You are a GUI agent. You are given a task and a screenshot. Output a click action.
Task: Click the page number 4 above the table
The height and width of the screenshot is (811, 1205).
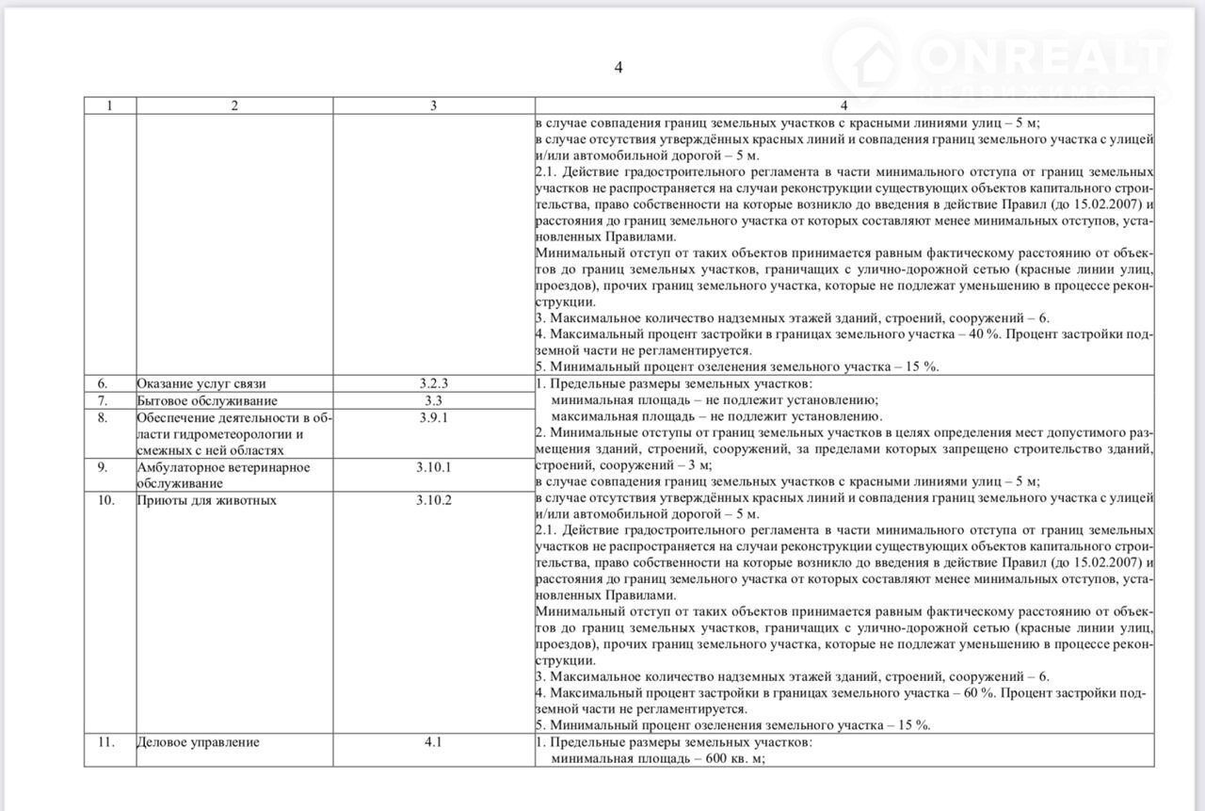point(619,67)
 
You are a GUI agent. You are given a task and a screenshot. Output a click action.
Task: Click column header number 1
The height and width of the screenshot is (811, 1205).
point(109,105)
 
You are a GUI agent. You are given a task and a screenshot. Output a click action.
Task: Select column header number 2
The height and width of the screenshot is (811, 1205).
point(234,105)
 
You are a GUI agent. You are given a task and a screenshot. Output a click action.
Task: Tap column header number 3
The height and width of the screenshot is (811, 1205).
point(433,105)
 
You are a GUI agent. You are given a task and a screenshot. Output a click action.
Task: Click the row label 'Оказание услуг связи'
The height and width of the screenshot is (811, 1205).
point(201,383)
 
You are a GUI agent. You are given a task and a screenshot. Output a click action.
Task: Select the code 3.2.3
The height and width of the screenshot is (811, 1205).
point(434,383)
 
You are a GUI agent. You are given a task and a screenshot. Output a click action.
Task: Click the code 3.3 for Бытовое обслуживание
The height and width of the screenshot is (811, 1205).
point(434,400)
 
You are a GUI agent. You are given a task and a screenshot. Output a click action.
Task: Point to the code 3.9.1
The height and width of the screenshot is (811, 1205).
point(434,417)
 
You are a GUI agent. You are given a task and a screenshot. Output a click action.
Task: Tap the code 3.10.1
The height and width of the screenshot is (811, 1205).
point(434,467)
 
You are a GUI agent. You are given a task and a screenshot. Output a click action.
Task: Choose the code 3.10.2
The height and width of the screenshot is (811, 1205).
point(434,500)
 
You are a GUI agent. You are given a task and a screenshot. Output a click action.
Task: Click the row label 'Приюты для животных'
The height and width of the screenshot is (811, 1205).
point(207,500)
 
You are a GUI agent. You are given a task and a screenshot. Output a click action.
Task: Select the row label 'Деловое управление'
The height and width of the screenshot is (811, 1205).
point(198,742)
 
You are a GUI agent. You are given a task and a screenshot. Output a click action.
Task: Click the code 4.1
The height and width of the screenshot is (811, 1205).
point(433,742)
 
